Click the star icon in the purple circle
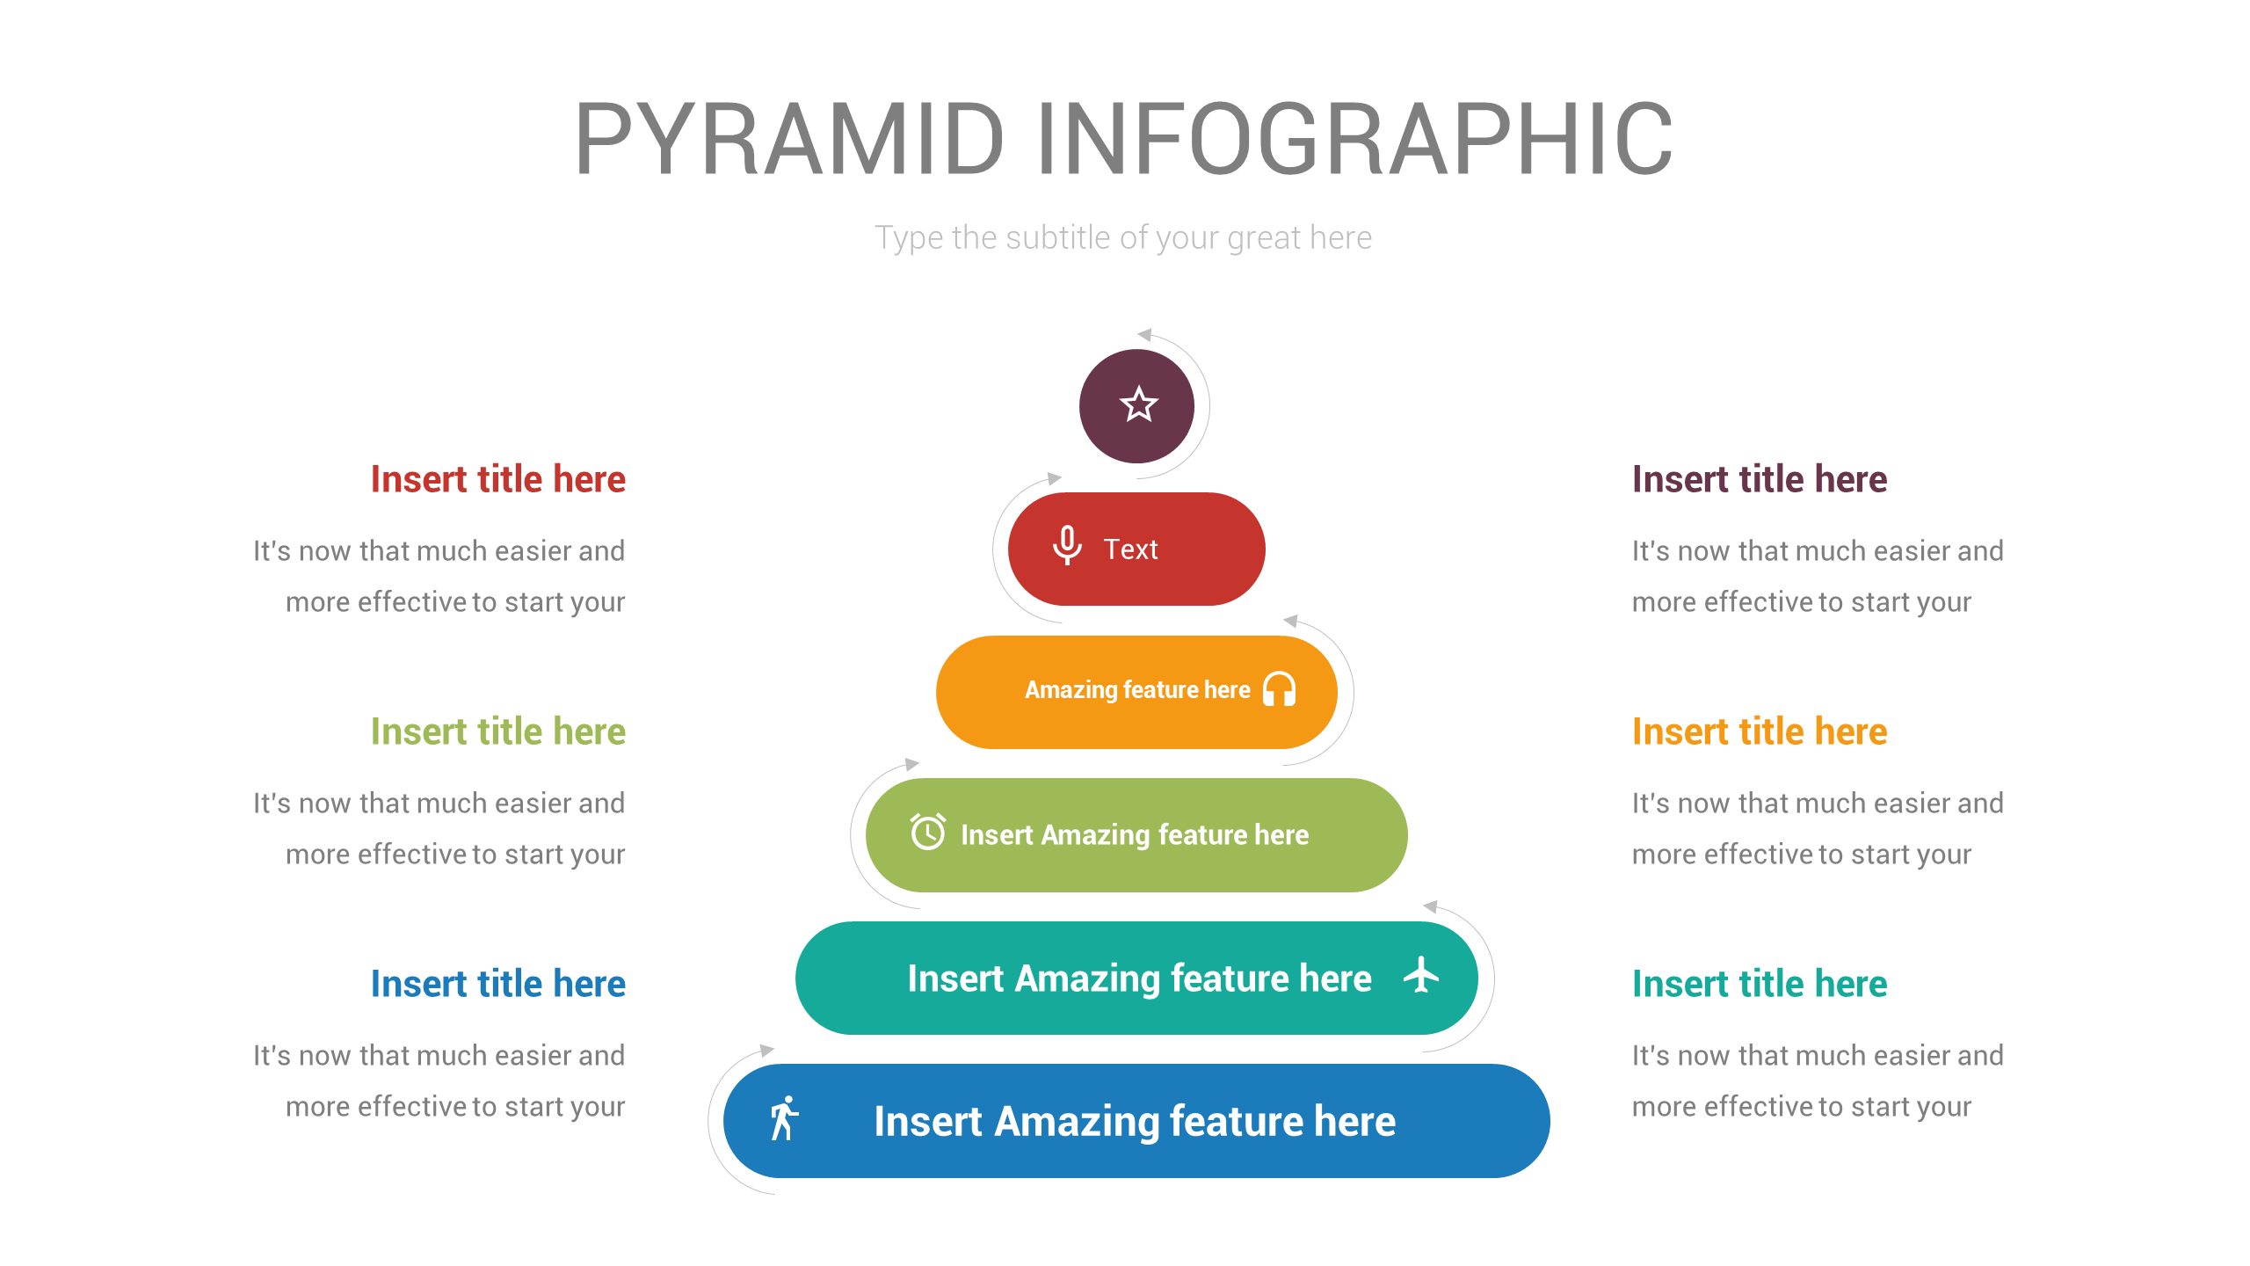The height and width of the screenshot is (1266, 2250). click(x=1138, y=405)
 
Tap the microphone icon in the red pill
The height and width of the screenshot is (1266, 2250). click(x=1067, y=546)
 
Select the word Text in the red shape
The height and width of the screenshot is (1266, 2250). click(x=1130, y=549)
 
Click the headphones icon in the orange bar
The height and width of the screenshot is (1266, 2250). click(x=1279, y=689)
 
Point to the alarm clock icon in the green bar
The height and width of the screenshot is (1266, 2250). click(x=927, y=832)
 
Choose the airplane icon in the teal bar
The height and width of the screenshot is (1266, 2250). click(x=1420, y=975)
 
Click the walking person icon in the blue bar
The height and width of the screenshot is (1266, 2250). click(x=783, y=1118)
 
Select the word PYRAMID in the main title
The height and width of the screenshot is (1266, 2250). click(x=788, y=140)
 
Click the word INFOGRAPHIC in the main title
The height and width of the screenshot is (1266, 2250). click(x=1354, y=140)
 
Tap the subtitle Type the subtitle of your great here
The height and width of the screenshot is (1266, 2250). click(x=1123, y=237)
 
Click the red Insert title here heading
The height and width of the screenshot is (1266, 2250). click(x=497, y=479)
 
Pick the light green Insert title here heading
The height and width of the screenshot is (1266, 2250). click(x=497, y=731)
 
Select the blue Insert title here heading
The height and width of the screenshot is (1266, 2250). click(x=497, y=984)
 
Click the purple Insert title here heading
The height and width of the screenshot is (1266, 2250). click(x=1759, y=479)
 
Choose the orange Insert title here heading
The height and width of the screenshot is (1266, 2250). click(x=1759, y=731)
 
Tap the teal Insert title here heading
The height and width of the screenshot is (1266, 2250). click(x=1759, y=984)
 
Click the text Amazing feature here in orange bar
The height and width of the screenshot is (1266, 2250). click(x=1136, y=690)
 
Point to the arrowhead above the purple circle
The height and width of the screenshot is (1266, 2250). click(x=1144, y=335)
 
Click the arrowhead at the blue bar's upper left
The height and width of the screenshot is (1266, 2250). click(x=766, y=1050)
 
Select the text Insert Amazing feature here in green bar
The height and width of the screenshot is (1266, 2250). click(x=1134, y=834)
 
